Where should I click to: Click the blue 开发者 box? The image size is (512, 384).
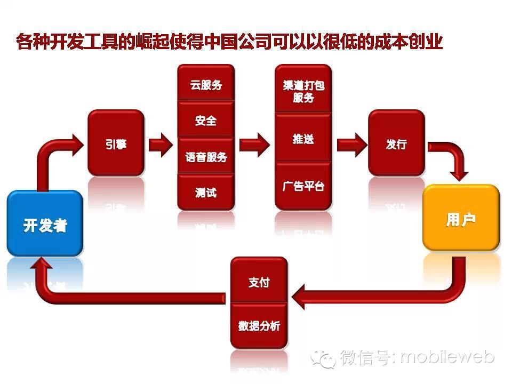click(45, 224)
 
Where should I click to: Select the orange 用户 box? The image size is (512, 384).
click(461, 219)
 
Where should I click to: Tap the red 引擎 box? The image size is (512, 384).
click(116, 143)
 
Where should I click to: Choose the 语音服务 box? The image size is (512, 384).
click(206, 156)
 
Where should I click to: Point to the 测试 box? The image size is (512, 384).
click(206, 191)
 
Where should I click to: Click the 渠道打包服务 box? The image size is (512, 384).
click(303, 90)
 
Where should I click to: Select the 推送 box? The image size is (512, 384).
click(303, 138)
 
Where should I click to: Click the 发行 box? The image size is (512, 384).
click(396, 143)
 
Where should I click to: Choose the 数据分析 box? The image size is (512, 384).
click(259, 325)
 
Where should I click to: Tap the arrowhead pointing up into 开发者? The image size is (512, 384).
click(43, 265)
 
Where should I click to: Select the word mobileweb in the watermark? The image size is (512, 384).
click(447, 356)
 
